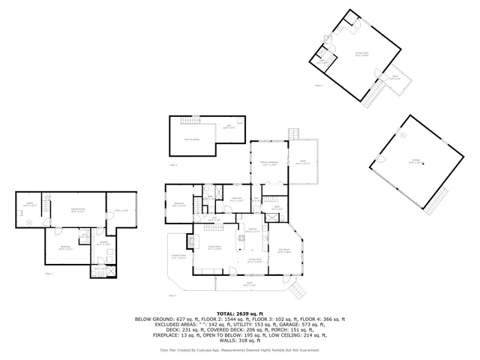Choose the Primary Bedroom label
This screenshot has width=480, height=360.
(x=270, y=163)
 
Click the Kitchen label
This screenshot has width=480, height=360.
(x=253, y=230)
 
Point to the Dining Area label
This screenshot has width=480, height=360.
(x=254, y=261)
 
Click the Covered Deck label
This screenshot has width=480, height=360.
(x=178, y=259)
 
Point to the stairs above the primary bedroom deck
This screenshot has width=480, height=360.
(x=294, y=134)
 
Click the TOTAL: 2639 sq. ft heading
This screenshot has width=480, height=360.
(x=240, y=313)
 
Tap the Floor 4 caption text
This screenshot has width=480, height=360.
(x=319, y=86)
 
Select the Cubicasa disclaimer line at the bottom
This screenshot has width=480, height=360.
(x=240, y=349)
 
